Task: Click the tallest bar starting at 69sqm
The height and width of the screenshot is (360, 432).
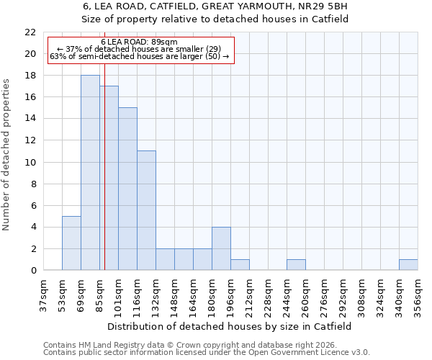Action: pyautogui.click(x=90, y=173)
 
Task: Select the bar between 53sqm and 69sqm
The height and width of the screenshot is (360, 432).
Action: pyautogui.click(x=71, y=243)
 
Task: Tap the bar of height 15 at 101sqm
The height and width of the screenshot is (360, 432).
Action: pyautogui.click(x=127, y=189)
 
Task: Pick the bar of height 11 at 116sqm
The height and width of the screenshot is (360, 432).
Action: pyautogui.click(x=146, y=210)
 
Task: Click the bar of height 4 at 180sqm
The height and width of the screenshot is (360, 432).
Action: pyautogui.click(x=221, y=248)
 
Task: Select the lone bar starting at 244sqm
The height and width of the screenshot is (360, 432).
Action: pyautogui.click(x=296, y=265)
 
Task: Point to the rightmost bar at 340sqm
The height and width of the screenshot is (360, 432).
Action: pyautogui.click(x=408, y=265)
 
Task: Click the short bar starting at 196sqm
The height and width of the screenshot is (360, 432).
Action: pyautogui.click(x=240, y=265)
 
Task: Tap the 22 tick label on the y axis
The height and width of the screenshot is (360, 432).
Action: pyautogui.click(x=30, y=32)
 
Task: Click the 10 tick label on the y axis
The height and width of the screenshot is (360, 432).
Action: pyautogui.click(x=30, y=162)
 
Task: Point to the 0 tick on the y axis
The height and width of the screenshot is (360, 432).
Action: pyautogui.click(x=32, y=271)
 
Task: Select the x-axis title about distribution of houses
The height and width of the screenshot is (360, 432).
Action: pyautogui.click(x=230, y=326)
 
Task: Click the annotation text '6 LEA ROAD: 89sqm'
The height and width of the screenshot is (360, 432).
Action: pyautogui.click(x=140, y=42)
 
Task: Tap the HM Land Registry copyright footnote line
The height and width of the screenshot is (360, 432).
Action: pyautogui.click(x=195, y=345)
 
